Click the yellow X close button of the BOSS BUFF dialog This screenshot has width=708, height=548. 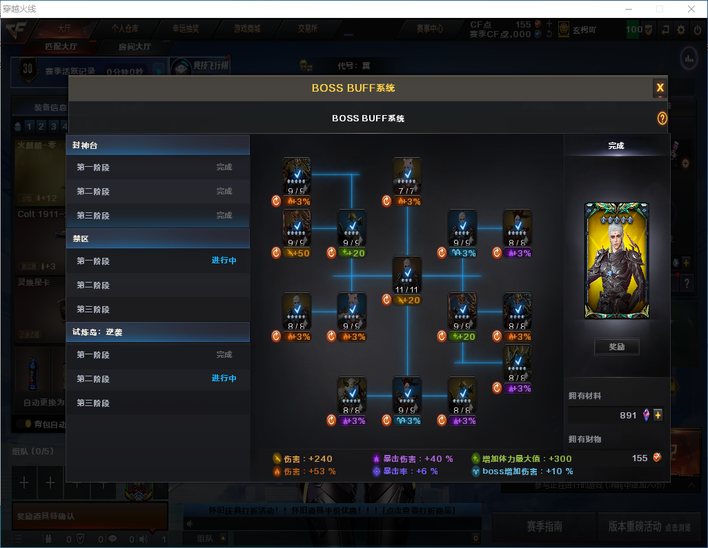click(x=660, y=88)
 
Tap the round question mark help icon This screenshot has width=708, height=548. click(x=662, y=119)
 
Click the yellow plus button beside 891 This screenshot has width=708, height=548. click(x=658, y=415)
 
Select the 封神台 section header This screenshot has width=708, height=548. click(x=157, y=145)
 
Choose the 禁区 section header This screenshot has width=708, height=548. click(x=157, y=239)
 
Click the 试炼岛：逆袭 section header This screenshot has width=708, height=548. click(x=157, y=332)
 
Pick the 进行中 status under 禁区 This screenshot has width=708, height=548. click(x=224, y=261)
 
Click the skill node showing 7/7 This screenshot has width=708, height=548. click(x=407, y=176)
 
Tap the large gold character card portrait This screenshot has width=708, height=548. click(x=616, y=261)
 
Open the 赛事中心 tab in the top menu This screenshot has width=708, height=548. click(x=429, y=29)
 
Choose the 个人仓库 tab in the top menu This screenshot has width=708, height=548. click(x=125, y=29)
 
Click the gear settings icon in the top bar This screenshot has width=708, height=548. click(x=681, y=30)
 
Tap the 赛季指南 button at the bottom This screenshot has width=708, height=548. click(x=544, y=526)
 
